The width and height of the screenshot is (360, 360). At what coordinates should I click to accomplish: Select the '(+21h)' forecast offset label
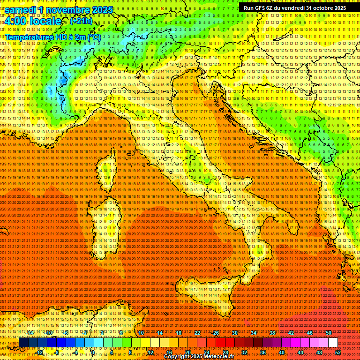(81, 21)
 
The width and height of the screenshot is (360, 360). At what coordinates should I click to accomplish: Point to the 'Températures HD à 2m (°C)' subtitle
(53, 36)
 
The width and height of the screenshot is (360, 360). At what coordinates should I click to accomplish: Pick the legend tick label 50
(328, 333)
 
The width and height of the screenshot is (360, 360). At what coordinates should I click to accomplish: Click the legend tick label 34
(253, 333)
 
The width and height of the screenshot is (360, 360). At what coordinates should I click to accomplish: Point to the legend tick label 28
(225, 352)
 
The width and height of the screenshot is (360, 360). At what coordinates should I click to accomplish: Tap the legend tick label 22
(197, 333)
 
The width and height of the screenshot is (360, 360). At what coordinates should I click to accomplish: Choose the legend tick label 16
(169, 352)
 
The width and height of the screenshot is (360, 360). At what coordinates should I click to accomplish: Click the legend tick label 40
(281, 352)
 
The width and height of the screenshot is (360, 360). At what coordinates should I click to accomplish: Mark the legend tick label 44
(300, 352)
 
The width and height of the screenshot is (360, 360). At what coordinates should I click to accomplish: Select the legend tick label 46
(309, 333)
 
